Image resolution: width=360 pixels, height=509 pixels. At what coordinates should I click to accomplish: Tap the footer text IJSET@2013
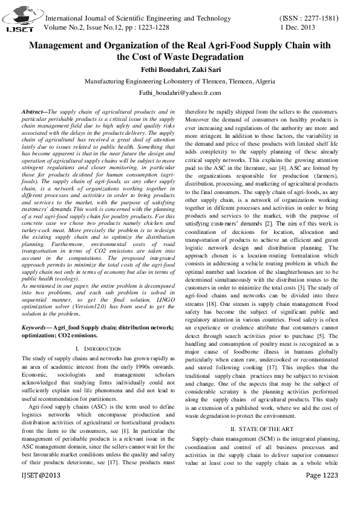point(41,493)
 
